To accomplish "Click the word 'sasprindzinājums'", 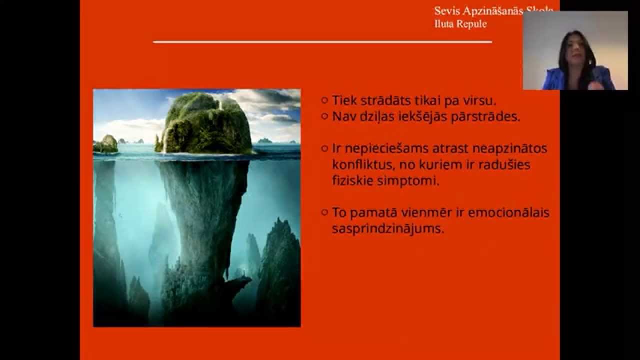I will (388, 229).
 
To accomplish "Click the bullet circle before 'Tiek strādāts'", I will (325, 100).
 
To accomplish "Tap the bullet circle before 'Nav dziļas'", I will (325, 116).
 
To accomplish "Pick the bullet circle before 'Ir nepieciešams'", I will (325, 148).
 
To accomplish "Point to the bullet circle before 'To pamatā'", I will (325, 212).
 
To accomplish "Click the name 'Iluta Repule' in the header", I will (460, 24).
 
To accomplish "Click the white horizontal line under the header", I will (322, 42).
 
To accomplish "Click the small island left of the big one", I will (107, 144).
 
